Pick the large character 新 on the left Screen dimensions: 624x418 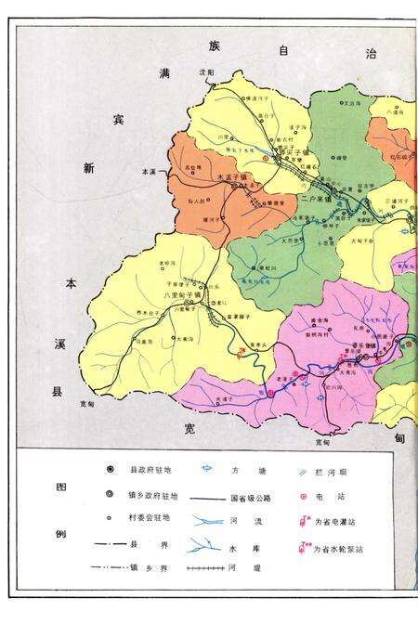[88, 168]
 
